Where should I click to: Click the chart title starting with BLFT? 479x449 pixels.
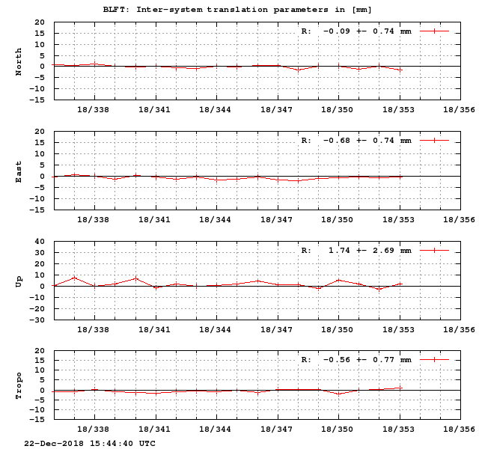[x=237, y=9]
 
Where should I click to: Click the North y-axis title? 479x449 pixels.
[x=19, y=61]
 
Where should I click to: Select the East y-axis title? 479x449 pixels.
[x=19, y=171]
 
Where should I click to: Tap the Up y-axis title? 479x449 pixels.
[x=19, y=281]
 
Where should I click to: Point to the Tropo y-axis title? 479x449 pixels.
[x=19, y=385]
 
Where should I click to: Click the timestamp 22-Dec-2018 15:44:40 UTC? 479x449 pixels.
[x=90, y=443]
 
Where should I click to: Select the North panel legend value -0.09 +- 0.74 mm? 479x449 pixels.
[x=367, y=31]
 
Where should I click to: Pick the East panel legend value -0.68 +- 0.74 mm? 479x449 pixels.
[x=367, y=141]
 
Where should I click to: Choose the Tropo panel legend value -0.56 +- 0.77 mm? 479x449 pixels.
[x=367, y=360]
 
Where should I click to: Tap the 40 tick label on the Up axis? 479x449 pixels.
[x=39, y=242]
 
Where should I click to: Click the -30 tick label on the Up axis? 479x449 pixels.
[x=37, y=320]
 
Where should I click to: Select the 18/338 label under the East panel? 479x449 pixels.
[x=94, y=220]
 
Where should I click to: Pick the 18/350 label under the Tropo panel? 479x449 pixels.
[x=338, y=430]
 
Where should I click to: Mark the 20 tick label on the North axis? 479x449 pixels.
[x=39, y=22]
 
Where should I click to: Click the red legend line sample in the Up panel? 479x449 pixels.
[x=434, y=251]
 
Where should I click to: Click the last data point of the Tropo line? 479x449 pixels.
[x=400, y=388]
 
